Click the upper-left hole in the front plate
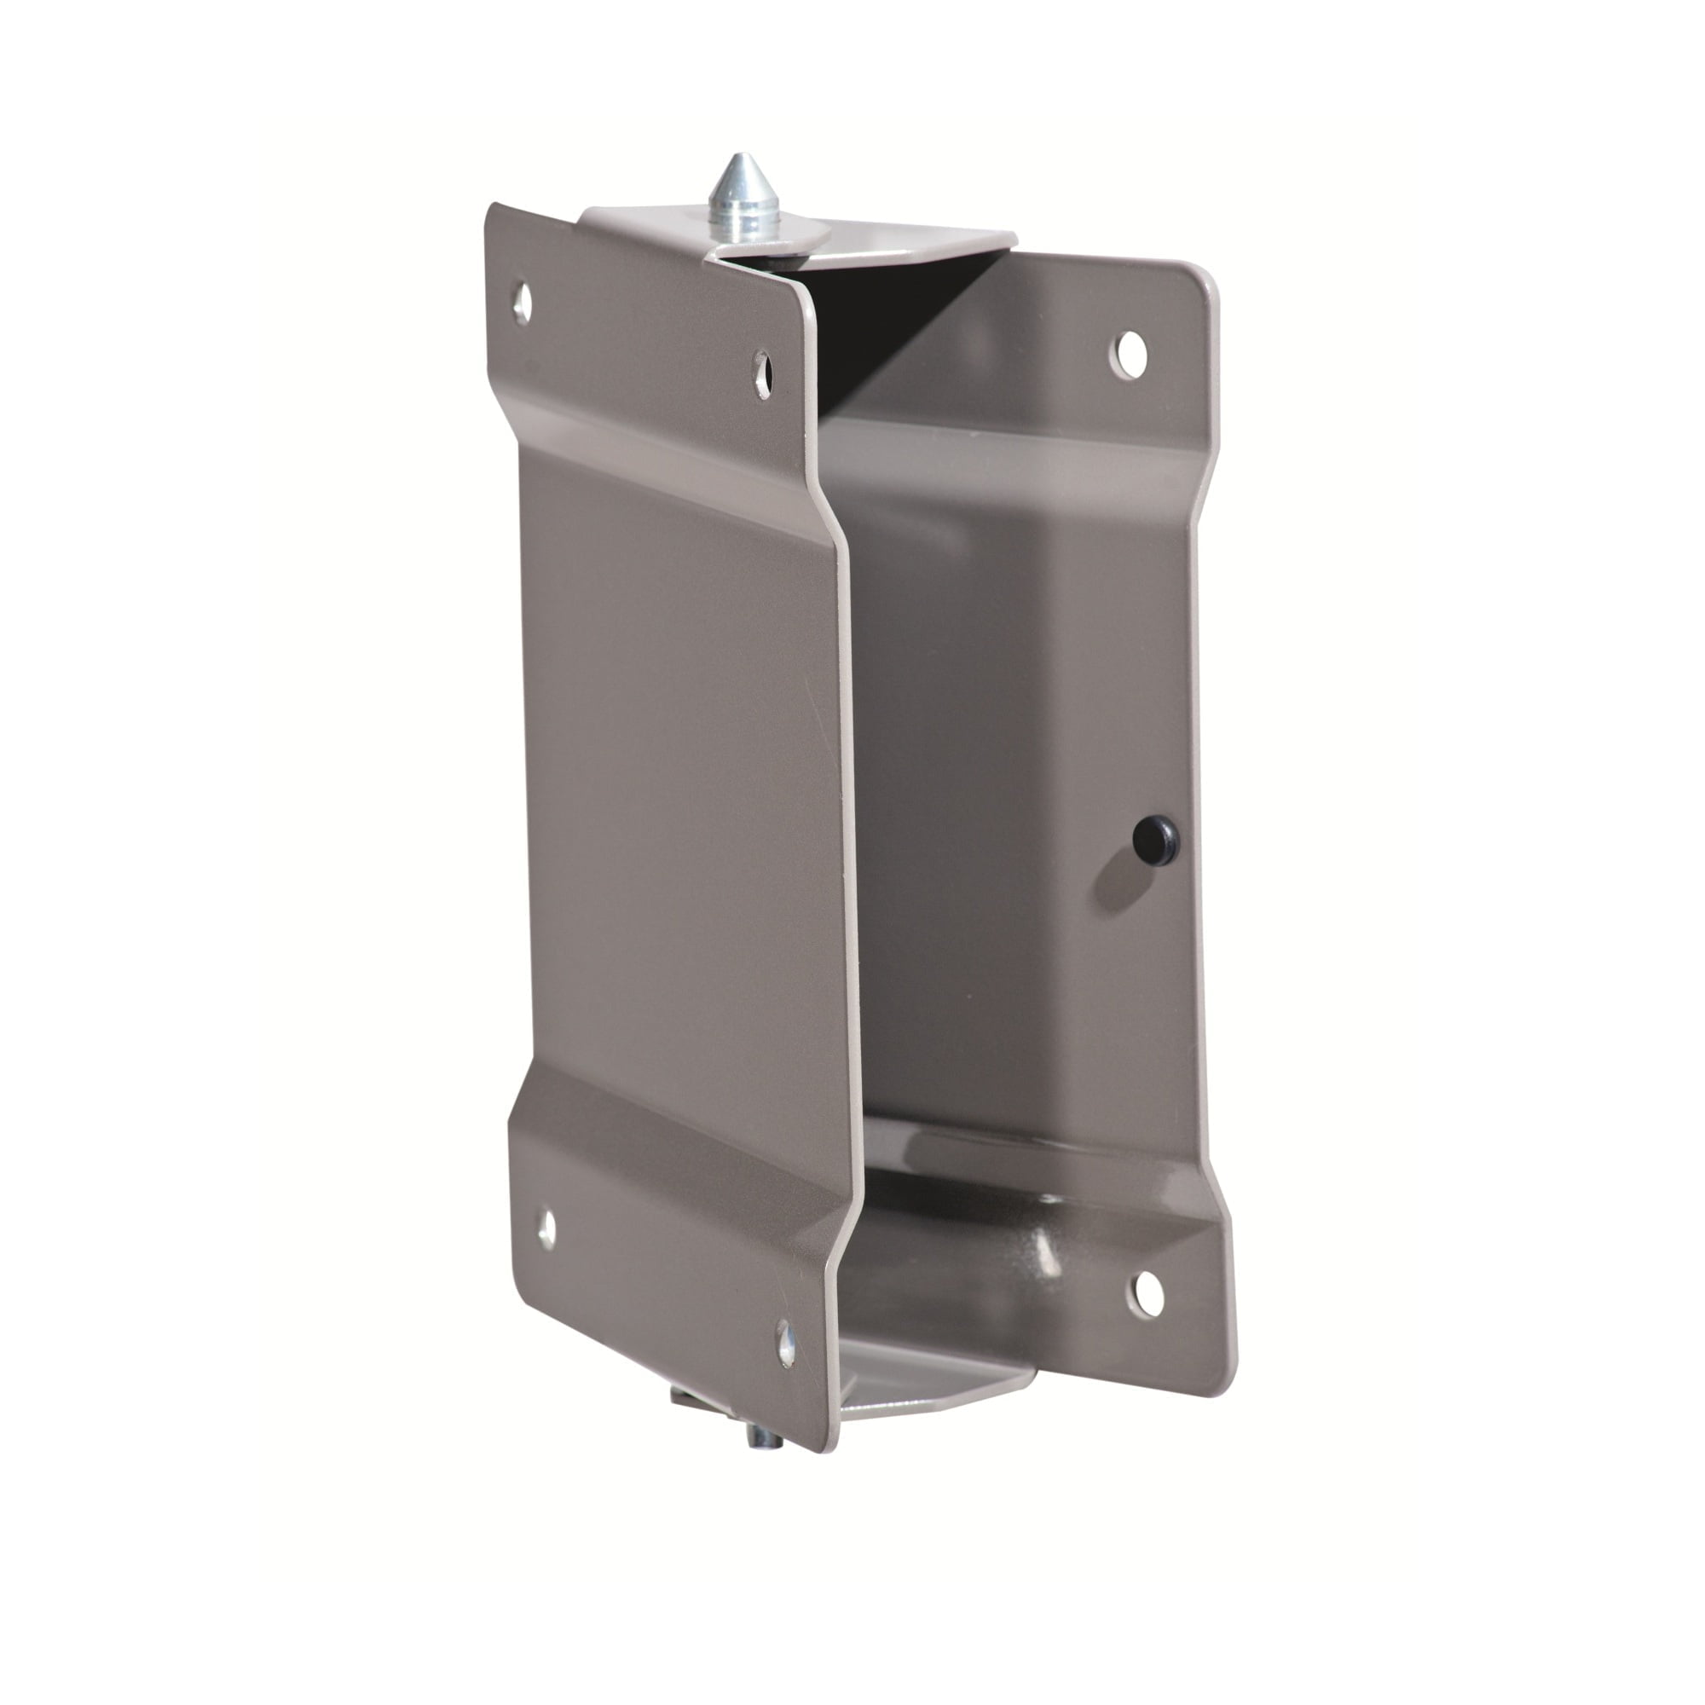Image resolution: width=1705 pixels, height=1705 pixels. tap(523, 303)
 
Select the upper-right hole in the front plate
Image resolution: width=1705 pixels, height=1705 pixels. tap(762, 374)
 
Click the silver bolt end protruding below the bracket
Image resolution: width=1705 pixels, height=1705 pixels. tap(760, 1437)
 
